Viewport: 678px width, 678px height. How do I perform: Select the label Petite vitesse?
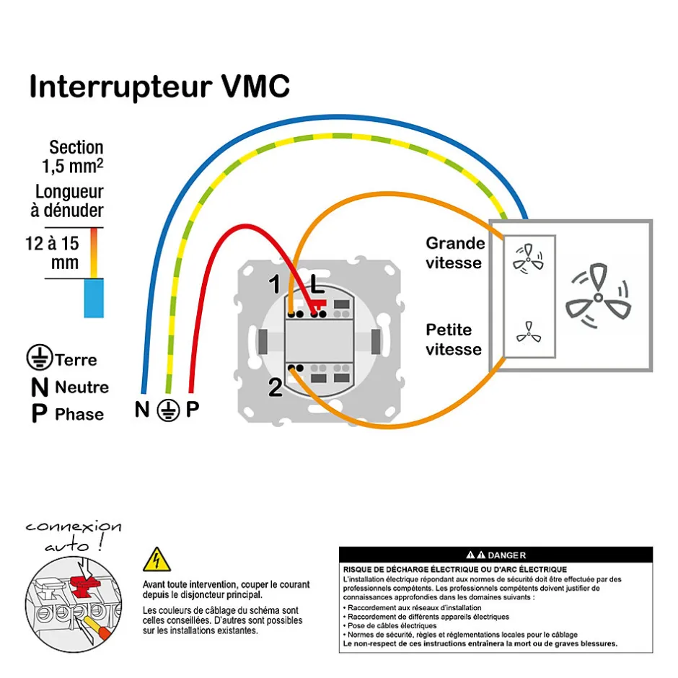tap(453, 340)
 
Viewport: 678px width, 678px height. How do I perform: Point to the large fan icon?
tap(598, 296)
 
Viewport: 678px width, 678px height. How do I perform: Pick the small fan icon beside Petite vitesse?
tap(529, 332)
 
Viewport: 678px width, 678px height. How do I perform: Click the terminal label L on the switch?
tap(317, 285)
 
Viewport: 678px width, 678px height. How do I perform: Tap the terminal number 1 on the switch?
tap(275, 285)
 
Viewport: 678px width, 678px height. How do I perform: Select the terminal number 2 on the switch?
tap(275, 388)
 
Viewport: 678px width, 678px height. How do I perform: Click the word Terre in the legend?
tap(75, 359)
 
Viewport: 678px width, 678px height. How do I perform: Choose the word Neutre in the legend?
tap(82, 387)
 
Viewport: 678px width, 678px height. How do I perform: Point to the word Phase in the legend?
tap(79, 415)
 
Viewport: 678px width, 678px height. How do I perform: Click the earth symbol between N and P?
tap(167, 410)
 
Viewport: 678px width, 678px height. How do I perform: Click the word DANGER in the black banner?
tap(506, 555)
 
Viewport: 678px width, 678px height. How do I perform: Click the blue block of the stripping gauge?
tap(94, 297)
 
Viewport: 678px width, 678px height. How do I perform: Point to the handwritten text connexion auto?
tap(72, 535)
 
